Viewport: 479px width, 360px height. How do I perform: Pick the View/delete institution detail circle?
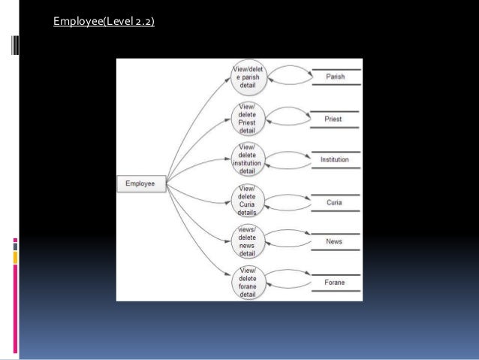(247, 159)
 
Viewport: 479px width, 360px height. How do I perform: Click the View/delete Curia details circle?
(247, 201)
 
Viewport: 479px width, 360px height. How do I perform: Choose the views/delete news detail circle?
(247, 241)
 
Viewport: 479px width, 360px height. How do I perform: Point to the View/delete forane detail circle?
(247, 283)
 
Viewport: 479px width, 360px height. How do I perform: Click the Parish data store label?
(336, 77)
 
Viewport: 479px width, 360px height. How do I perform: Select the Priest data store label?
(333, 119)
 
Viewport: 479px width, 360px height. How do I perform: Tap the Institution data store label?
(335, 159)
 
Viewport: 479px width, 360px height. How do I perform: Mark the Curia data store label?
(334, 201)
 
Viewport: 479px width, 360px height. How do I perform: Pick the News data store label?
(334, 241)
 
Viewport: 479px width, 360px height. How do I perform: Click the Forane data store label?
(335, 283)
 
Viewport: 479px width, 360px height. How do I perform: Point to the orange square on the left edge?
(15, 258)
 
